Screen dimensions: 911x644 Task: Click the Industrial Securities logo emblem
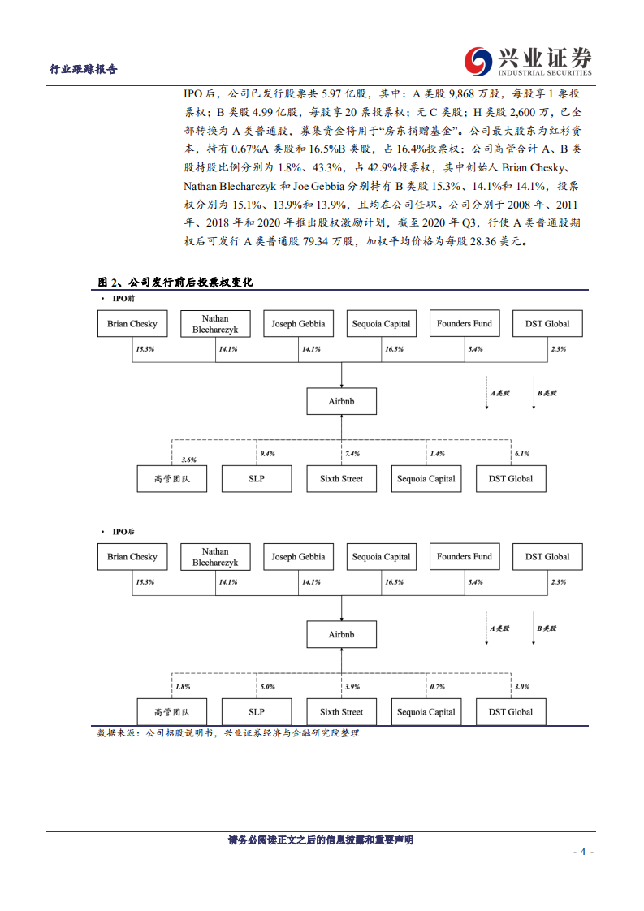(x=478, y=60)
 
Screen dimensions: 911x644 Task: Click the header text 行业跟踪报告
(x=84, y=69)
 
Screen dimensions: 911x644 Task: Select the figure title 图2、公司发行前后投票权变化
(x=175, y=283)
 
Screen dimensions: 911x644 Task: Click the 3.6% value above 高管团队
(x=188, y=460)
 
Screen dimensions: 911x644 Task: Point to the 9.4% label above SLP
(x=266, y=453)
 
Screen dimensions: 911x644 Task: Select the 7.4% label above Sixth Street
(x=352, y=453)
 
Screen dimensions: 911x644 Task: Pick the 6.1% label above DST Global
(x=521, y=453)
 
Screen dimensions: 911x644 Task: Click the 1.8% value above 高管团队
(x=182, y=687)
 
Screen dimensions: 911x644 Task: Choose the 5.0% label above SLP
(x=266, y=687)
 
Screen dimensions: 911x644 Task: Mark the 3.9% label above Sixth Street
(x=352, y=687)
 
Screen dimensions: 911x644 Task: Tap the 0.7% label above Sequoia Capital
(x=437, y=687)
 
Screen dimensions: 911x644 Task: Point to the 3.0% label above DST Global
(x=521, y=687)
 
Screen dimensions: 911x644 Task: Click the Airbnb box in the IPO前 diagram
(x=341, y=400)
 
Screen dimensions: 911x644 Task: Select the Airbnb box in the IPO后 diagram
(x=341, y=634)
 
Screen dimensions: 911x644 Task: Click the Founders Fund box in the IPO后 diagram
(x=464, y=557)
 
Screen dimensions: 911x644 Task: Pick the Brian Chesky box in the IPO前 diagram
(x=132, y=324)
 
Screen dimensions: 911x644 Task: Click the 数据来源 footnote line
(x=228, y=732)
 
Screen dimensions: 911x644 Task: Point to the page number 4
(x=582, y=852)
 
